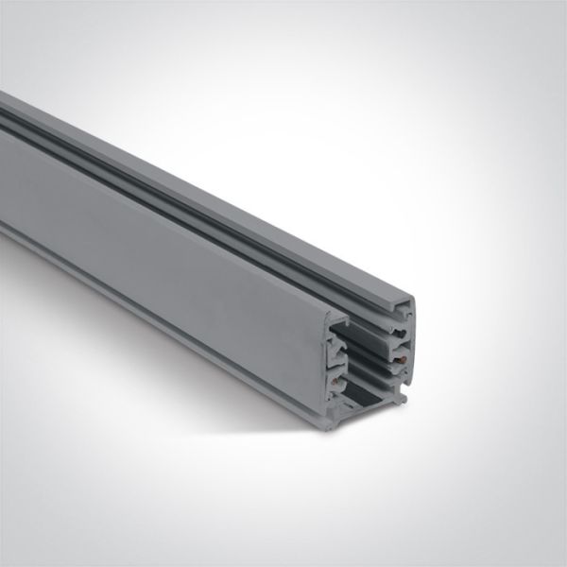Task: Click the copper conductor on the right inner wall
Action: coord(404,360)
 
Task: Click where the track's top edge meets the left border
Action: coord(2,94)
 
